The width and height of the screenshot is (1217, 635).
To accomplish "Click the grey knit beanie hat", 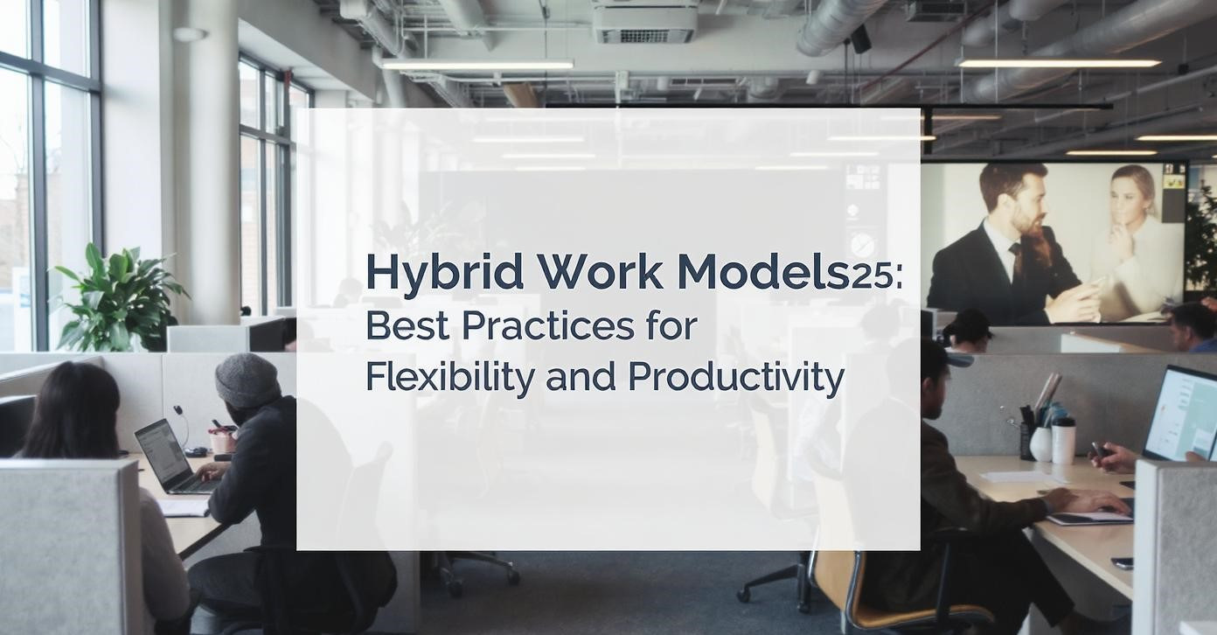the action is coord(247,380).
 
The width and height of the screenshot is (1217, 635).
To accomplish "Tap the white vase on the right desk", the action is coord(1041,443).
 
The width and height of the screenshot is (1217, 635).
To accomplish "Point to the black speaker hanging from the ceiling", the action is coord(860,38).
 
